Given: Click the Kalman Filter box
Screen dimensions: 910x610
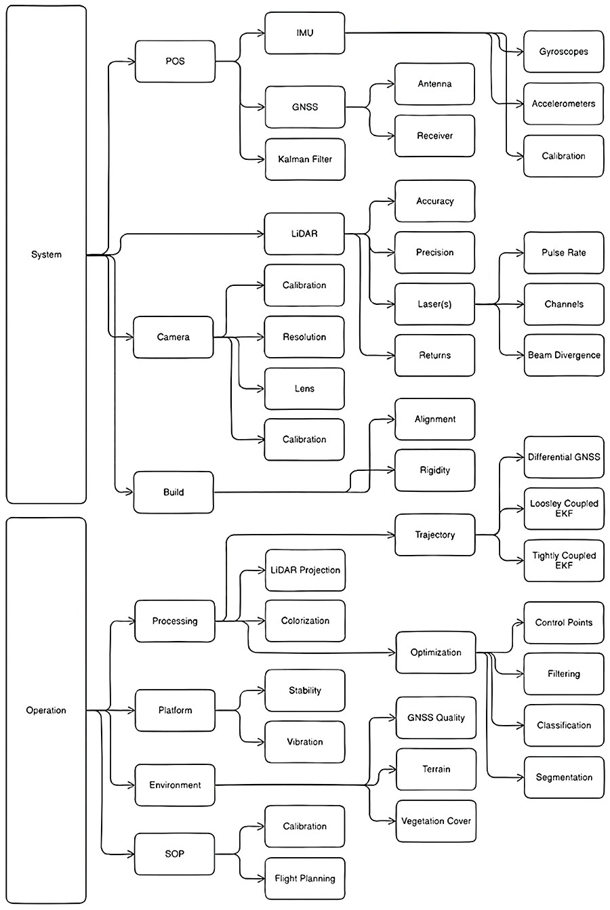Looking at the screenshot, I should (304, 159).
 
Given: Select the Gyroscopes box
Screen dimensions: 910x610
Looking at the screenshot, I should (563, 51).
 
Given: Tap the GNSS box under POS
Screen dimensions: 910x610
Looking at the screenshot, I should (304, 107).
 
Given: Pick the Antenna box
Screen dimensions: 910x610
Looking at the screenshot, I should (434, 84).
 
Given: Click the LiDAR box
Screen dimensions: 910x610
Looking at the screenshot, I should (304, 234).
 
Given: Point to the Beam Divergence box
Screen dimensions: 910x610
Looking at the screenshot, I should (563, 355).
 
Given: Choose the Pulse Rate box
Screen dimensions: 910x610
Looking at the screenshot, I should (563, 252).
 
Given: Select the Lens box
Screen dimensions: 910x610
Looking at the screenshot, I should (304, 388).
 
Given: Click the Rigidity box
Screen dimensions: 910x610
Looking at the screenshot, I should (434, 470).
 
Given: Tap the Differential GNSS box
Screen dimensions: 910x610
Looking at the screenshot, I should (563, 457).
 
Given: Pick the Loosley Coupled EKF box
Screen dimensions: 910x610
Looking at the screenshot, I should (563, 509).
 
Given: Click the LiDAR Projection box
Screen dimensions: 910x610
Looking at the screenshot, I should (304, 570).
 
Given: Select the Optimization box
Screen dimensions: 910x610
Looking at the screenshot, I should (435, 653).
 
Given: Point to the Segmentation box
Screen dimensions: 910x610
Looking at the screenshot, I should (563, 777).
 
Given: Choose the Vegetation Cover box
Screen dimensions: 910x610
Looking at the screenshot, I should (435, 821).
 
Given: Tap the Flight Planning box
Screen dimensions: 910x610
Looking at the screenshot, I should (304, 878).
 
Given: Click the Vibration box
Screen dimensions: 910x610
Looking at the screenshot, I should (304, 742).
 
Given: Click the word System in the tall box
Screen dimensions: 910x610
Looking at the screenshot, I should (46, 255).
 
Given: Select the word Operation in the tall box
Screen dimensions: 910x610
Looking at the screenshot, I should (46, 710).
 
